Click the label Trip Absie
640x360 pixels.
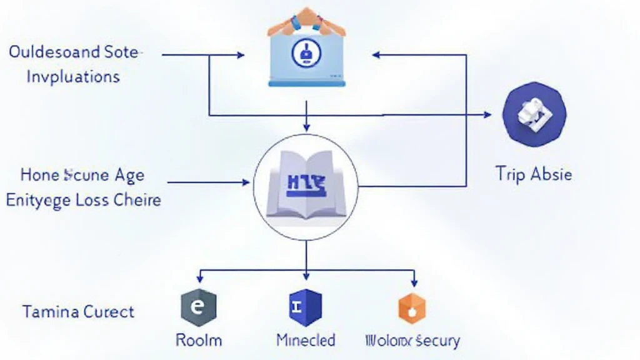533,174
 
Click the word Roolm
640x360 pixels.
198,340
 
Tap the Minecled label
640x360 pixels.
306,340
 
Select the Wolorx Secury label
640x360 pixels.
411,341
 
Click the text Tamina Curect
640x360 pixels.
78,311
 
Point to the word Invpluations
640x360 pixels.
64,76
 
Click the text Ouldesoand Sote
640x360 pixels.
73,52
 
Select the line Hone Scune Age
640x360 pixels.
82,175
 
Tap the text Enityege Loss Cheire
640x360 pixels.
83,200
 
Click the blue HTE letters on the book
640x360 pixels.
305,183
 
